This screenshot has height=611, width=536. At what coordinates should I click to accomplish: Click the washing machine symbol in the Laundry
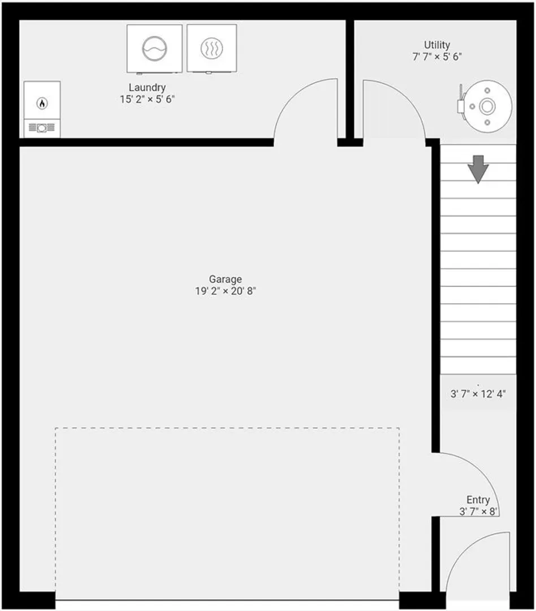(x=155, y=48)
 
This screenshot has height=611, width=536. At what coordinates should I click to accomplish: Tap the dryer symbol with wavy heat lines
(x=211, y=48)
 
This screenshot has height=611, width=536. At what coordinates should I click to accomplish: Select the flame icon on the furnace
(x=42, y=104)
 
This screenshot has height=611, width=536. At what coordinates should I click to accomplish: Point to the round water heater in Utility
(x=485, y=106)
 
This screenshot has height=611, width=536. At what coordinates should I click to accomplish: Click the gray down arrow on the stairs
(x=478, y=169)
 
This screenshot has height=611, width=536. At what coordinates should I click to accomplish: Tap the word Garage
(x=225, y=279)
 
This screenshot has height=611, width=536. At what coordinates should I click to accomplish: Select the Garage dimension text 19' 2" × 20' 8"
(x=226, y=291)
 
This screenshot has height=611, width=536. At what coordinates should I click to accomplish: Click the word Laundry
(x=147, y=88)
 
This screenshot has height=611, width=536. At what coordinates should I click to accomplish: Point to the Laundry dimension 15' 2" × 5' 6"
(x=147, y=100)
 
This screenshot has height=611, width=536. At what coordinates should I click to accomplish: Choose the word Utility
(x=437, y=45)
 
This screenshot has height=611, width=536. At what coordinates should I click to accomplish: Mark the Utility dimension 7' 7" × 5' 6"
(x=437, y=57)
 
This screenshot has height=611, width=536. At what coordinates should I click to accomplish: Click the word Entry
(x=478, y=500)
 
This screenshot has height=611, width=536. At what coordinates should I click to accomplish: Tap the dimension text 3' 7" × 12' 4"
(x=478, y=394)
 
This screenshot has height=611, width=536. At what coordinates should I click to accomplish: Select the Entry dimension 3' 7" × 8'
(x=478, y=511)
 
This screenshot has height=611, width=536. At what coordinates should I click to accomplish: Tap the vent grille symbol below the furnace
(x=42, y=128)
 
